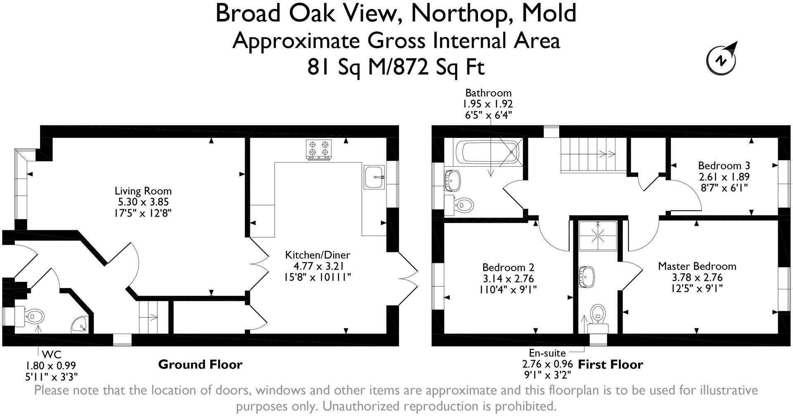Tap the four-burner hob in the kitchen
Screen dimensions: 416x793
319,149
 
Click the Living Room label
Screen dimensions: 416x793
143,191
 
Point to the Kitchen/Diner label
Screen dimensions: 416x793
318,255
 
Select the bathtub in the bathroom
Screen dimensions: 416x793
483,152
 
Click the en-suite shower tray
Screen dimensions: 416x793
598,236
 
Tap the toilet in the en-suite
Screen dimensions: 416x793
597,316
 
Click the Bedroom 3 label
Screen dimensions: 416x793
724,166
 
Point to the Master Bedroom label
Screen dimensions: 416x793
697,266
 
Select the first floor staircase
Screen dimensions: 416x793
589,155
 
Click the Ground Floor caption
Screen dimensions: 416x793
200,364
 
